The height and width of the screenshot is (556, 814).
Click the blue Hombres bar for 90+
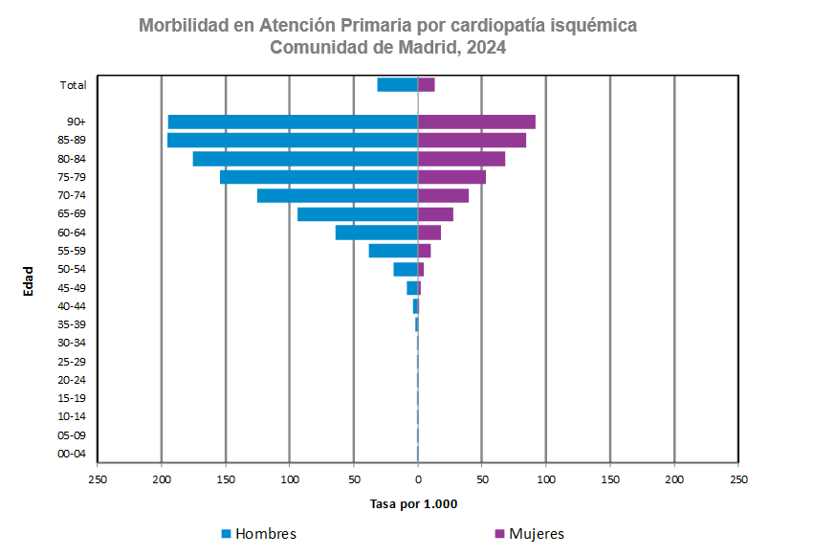(x=292, y=122)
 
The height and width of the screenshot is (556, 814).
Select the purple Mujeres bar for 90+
(x=476, y=122)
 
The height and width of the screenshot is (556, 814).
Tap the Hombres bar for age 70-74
(x=337, y=195)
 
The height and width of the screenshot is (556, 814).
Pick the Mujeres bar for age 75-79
(x=451, y=177)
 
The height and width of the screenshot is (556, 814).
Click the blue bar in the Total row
(x=397, y=84)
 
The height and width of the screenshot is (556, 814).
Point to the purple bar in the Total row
(x=427, y=84)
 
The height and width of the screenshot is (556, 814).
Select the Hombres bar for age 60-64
(x=376, y=233)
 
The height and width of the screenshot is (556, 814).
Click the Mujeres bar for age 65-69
(x=435, y=214)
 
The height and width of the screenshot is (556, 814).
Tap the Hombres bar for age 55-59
(x=392, y=251)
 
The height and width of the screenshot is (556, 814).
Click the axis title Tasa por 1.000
(x=414, y=504)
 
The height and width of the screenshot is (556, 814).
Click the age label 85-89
(x=72, y=140)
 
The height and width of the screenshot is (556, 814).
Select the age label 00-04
(x=72, y=454)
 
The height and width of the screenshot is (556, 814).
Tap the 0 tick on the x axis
(x=418, y=478)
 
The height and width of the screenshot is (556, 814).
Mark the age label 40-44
(x=72, y=306)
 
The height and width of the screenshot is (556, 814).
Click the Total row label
(x=74, y=84)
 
